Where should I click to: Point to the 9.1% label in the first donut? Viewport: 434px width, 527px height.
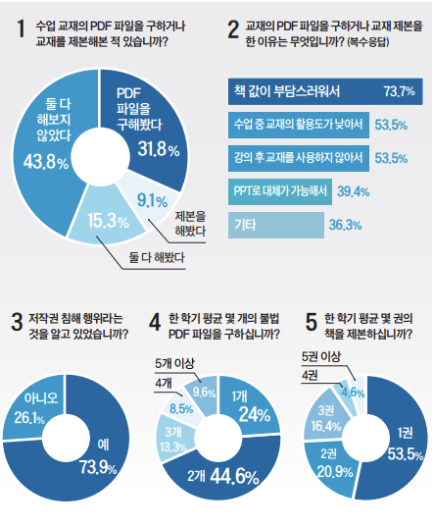154,199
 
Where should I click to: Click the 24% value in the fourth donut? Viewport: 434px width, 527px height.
254,415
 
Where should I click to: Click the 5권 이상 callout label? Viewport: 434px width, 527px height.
320,356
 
